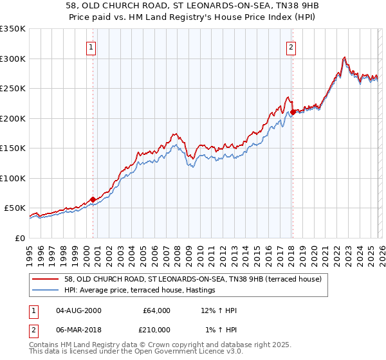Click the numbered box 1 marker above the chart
(x=91, y=47)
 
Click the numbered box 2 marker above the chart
(x=291, y=47)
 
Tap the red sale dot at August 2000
(x=93, y=199)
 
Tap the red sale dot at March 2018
(x=293, y=112)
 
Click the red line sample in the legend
(x=46, y=278)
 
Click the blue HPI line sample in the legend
(x=46, y=291)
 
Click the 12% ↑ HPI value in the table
(x=218, y=310)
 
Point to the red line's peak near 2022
(x=345, y=57)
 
